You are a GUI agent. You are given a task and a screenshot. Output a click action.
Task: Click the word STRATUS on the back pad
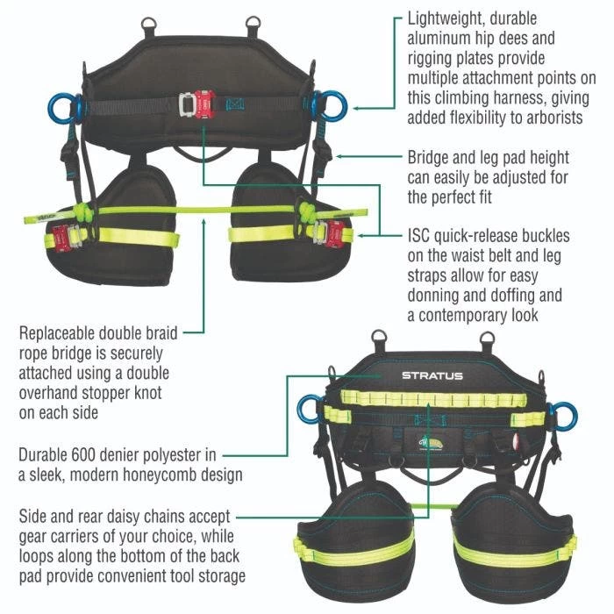click(432, 376)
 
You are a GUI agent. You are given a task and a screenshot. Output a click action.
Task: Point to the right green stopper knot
click(308, 211)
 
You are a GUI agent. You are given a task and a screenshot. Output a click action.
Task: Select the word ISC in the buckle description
click(421, 236)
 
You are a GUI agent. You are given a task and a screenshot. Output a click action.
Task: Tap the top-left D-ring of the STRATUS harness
click(380, 338)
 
